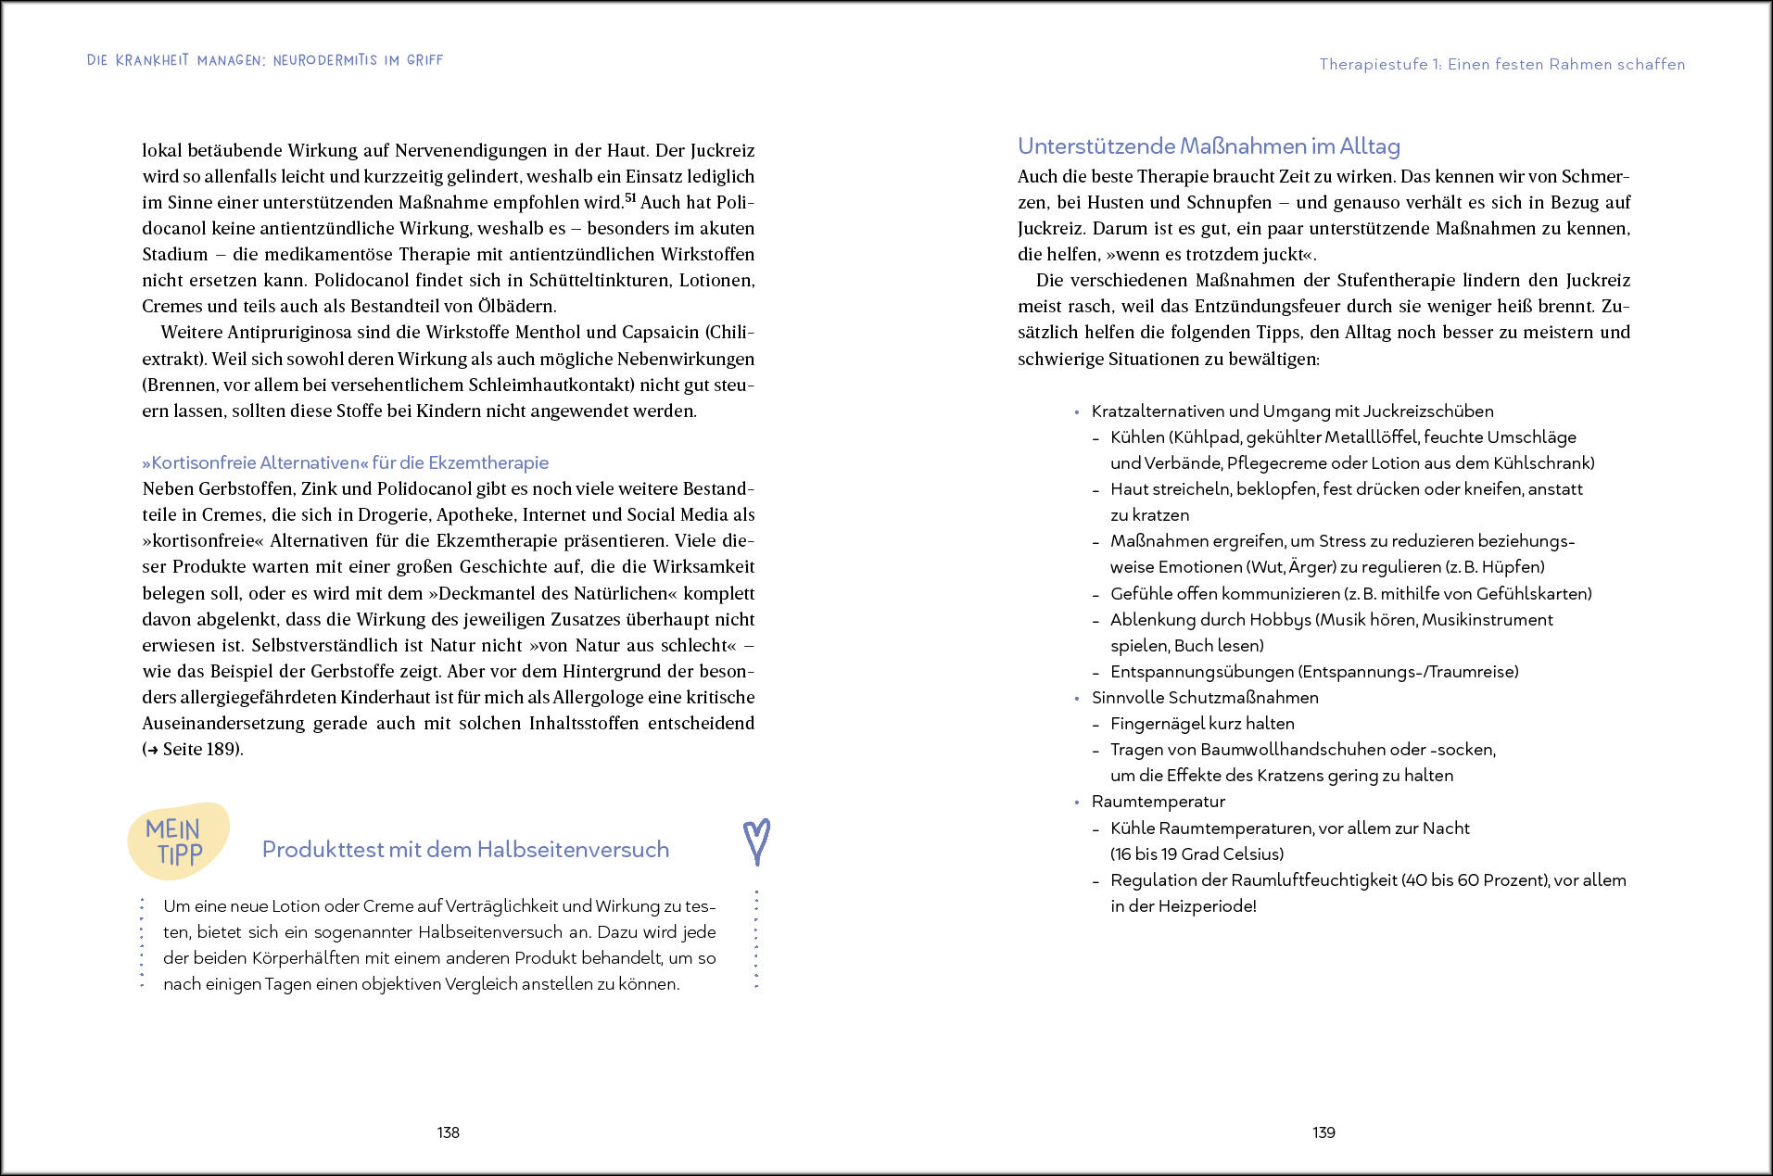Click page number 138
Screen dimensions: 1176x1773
point(449,1132)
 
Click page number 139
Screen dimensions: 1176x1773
point(1323,1132)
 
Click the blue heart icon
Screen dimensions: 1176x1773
point(757,841)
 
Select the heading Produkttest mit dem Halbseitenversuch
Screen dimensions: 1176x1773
point(465,850)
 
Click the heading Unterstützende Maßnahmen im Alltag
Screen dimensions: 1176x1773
point(1209,146)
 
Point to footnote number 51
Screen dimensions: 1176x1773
point(630,197)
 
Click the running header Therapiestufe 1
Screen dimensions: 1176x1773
point(1501,65)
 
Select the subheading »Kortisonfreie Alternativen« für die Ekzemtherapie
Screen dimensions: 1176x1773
point(345,462)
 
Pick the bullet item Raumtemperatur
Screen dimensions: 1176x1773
point(1158,802)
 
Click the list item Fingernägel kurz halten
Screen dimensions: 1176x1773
point(1202,724)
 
